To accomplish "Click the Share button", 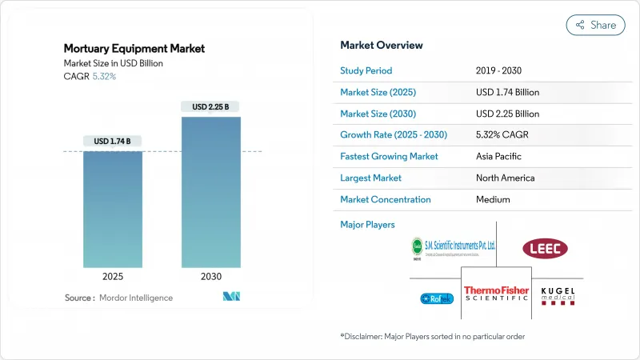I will click(x=595, y=25).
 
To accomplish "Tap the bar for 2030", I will click(x=211, y=192).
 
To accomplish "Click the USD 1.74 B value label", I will click(x=113, y=142).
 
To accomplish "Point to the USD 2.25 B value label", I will click(x=211, y=106).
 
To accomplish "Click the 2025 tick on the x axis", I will click(x=113, y=277).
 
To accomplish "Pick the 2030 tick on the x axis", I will click(x=211, y=277).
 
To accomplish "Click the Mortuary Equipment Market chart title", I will click(x=134, y=48).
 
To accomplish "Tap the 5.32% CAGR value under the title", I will click(x=103, y=77).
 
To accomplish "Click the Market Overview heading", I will click(x=382, y=45).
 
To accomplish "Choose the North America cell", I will click(x=505, y=178).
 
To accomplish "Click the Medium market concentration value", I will click(x=494, y=199).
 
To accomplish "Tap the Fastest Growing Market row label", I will click(x=390, y=156).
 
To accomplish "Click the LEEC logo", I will click(x=544, y=249).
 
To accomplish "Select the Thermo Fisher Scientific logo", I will click(x=496, y=294).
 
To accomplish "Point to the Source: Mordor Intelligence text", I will click(x=118, y=298).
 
